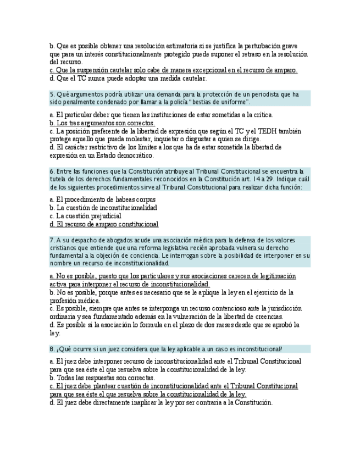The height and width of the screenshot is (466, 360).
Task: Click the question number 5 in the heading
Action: (52, 94)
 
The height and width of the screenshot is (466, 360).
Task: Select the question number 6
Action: (52, 171)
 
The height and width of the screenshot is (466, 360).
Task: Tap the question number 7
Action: (52, 240)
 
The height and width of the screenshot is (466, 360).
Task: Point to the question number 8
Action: (52, 349)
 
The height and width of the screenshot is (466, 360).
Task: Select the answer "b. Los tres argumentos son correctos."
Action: (102, 123)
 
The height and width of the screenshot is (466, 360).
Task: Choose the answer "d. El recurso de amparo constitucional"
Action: (104, 224)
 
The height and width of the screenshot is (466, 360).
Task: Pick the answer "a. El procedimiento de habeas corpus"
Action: (102, 199)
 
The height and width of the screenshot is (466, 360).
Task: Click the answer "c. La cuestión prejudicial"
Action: (85, 216)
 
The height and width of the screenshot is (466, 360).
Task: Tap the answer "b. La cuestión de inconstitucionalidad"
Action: (103, 208)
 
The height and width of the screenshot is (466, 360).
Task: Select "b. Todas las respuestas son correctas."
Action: (102, 378)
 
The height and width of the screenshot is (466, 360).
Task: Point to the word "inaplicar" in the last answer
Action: (145, 403)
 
